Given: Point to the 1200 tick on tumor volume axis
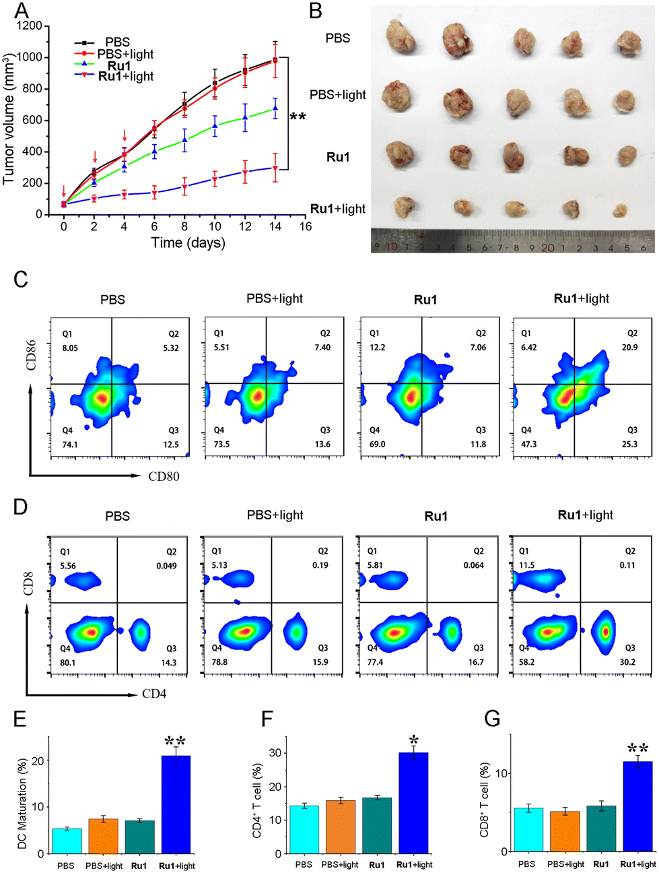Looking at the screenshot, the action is [29, 26].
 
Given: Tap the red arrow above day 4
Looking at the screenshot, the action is [125, 135].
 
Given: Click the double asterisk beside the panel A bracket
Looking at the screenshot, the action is [298, 117].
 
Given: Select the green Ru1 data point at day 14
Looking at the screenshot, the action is [275, 108].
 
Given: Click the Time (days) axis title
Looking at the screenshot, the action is [188, 243].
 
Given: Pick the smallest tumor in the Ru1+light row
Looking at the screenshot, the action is [620, 210].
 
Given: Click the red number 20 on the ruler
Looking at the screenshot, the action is [547, 247].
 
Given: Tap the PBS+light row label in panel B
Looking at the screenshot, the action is [338, 95].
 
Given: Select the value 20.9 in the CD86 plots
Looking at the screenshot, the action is [629, 347].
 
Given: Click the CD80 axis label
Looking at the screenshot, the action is [164, 476].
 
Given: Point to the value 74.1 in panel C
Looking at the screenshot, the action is [69, 445].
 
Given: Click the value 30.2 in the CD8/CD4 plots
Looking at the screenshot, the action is [627, 661].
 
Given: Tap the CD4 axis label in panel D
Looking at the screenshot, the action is [154, 694].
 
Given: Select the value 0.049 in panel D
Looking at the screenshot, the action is [166, 566].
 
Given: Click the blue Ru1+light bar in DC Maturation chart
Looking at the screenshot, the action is [176, 804].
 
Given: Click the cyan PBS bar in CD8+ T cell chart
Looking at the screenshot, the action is [528, 830].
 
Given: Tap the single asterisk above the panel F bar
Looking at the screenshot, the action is [414, 740].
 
